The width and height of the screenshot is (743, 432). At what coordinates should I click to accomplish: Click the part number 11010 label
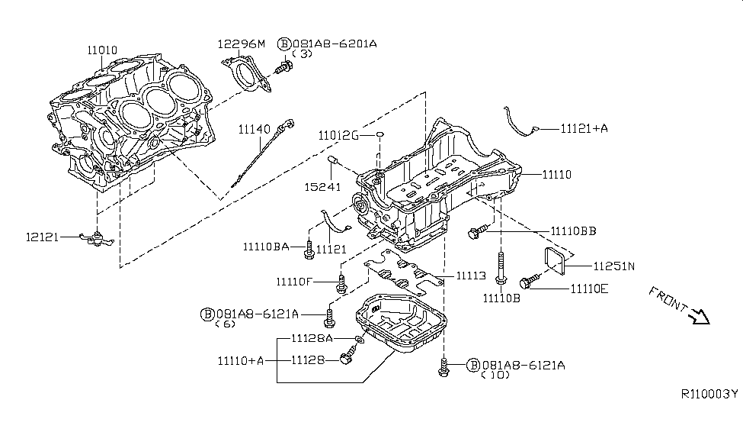tap(101, 50)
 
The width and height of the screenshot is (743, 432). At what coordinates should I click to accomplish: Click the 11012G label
tap(339, 135)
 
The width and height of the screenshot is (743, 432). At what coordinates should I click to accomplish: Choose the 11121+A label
tap(584, 129)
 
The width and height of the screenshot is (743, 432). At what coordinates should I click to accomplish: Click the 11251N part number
tap(613, 266)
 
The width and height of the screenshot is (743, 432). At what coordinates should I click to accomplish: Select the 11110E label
tap(589, 289)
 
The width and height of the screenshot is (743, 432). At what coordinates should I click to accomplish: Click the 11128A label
tap(312, 338)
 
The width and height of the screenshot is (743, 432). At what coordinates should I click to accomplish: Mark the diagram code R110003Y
tap(709, 394)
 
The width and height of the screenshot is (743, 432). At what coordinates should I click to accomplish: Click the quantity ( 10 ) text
tap(495, 376)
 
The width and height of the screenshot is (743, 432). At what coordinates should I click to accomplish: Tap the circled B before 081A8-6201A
tap(283, 44)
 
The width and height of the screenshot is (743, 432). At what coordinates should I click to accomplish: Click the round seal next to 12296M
tap(248, 77)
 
